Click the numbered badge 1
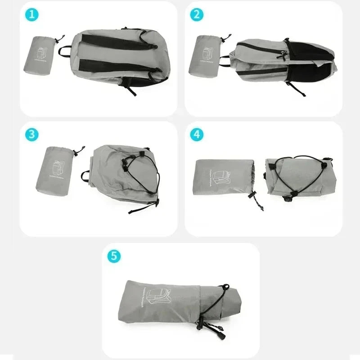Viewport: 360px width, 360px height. coord(31,14)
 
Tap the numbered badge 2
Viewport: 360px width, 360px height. coord(196,14)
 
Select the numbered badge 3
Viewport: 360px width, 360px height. coord(31,134)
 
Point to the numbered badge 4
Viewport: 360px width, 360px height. coord(196,134)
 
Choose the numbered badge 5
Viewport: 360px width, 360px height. coord(114,256)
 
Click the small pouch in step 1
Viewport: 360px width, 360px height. coord(40,55)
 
